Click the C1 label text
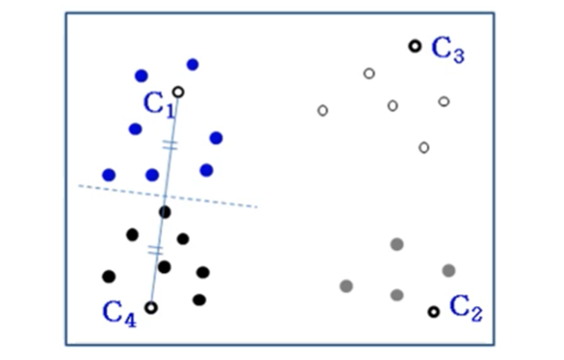[x=158, y=104]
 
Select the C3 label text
[x=447, y=50]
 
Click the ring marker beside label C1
[x=178, y=92]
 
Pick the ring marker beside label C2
[x=434, y=312]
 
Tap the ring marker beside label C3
[x=415, y=46]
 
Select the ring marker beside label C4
[x=151, y=307]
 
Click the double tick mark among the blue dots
[x=170, y=145]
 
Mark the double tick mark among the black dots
[x=155, y=250]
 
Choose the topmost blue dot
[x=193, y=64]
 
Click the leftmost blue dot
[x=109, y=175]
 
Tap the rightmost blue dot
[x=216, y=138]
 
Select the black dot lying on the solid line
[x=165, y=212]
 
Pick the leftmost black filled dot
[x=109, y=276]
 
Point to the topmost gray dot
[x=397, y=244]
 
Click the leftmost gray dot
[x=346, y=285]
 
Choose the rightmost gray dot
[x=449, y=271]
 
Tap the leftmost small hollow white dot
[x=322, y=111]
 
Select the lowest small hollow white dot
[x=424, y=148]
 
